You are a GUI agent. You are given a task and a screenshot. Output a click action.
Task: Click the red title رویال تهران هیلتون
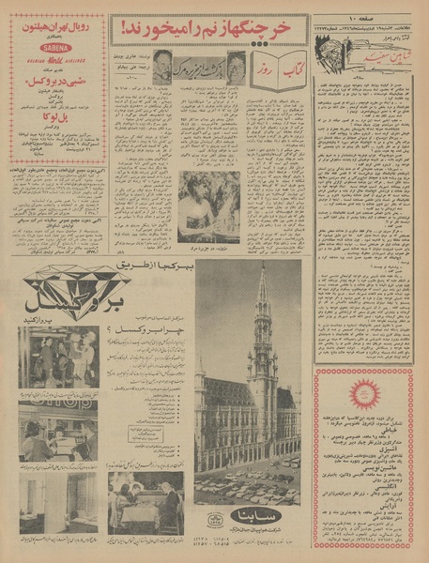tap(55, 25)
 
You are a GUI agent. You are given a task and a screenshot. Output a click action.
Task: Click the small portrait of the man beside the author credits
tap(162, 66)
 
